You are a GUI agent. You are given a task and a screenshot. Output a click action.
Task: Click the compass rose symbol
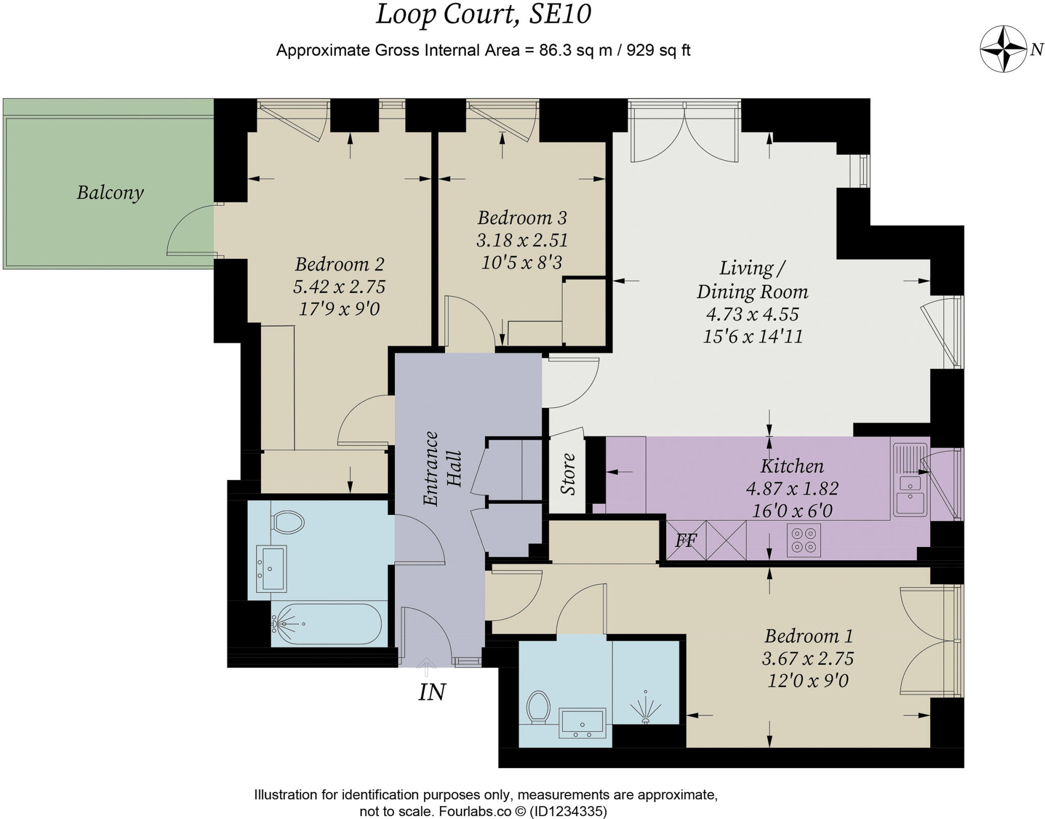pos(1003,49)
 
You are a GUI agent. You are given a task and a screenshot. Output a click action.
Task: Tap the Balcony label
pos(110,192)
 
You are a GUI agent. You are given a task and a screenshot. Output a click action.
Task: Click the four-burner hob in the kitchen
pos(804,540)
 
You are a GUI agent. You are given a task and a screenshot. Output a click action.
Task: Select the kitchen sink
pos(910,480)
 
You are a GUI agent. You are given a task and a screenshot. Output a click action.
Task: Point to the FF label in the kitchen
pos(686,540)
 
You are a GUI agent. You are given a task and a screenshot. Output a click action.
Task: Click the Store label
pos(568,474)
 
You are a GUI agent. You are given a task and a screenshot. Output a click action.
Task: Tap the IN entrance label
pos(432,692)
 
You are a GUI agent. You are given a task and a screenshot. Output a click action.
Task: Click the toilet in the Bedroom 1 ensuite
pos(538,707)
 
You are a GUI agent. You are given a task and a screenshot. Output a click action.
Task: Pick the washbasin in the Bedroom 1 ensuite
pos(582,723)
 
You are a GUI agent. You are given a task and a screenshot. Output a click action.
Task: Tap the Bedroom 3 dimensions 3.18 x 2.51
pos(522,240)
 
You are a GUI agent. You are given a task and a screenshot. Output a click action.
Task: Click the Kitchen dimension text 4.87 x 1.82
pos(792,488)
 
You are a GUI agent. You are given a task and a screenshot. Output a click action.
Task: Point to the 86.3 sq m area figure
pos(576,51)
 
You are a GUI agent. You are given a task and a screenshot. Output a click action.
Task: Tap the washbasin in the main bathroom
pos(271,568)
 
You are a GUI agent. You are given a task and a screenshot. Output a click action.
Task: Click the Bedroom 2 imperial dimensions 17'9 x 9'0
pos(339,309)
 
